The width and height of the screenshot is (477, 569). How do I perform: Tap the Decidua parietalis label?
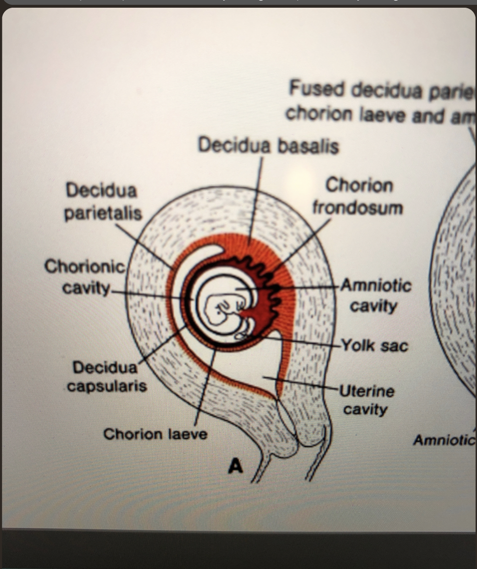pyautogui.click(x=102, y=202)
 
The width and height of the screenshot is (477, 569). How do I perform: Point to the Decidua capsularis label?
pyautogui.click(x=107, y=376)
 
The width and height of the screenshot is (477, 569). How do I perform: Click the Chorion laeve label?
pyautogui.click(x=155, y=434)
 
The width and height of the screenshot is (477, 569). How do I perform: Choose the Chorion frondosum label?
pyautogui.click(x=358, y=196)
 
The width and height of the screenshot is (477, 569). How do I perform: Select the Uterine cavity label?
pyautogui.click(x=366, y=400)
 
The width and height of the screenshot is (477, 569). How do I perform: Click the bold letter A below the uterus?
pyautogui.click(x=235, y=466)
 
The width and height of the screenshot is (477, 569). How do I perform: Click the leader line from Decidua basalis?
pyautogui.click(x=256, y=197)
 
